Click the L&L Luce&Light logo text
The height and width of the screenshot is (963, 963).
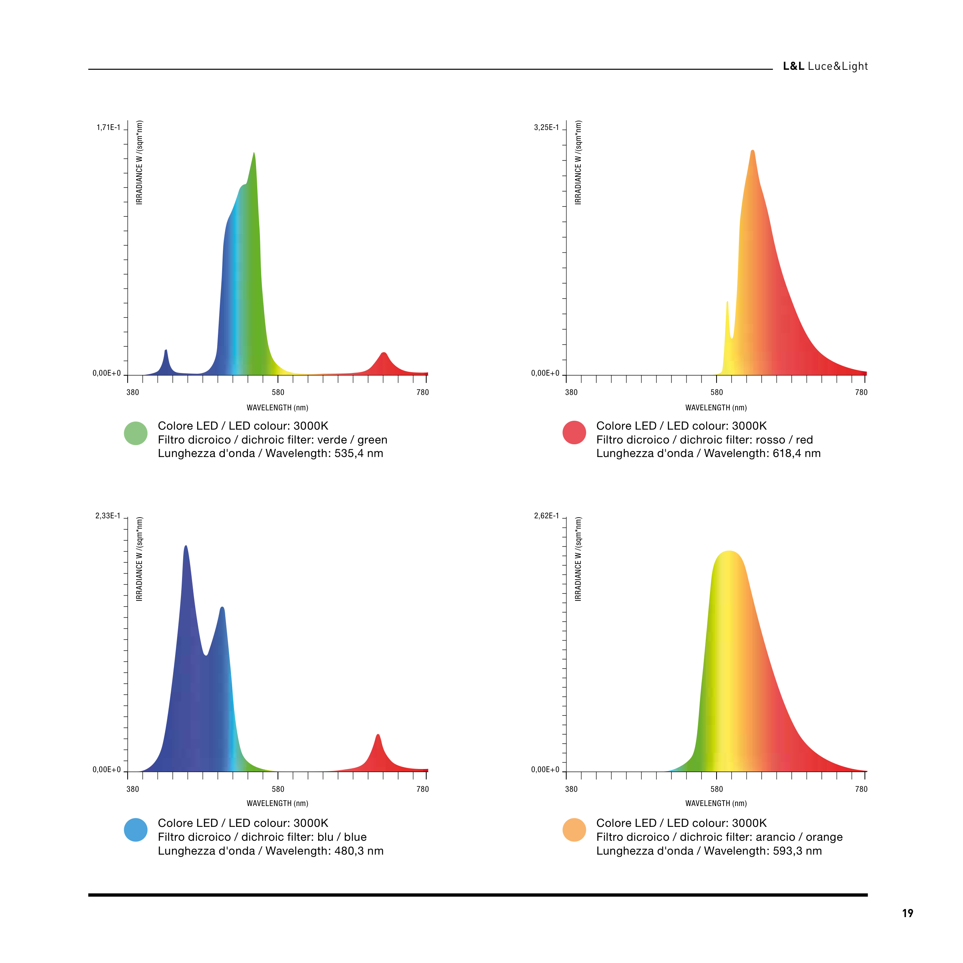pyautogui.click(x=825, y=66)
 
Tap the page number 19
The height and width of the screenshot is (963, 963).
pyautogui.click(x=907, y=913)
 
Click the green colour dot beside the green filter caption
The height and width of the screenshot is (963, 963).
pyautogui.click(x=136, y=433)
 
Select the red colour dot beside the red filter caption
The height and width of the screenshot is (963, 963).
pyautogui.click(x=574, y=433)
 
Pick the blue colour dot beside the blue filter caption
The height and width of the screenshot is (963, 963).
pyautogui.click(x=136, y=830)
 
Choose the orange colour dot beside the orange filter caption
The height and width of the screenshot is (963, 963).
pyautogui.click(x=574, y=830)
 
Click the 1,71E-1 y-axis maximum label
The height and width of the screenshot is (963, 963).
pyautogui.click(x=108, y=128)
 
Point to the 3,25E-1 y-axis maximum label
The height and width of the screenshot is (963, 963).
pyautogui.click(x=546, y=128)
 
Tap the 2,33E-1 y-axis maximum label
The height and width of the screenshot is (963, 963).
pyautogui.click(x=108, y=516)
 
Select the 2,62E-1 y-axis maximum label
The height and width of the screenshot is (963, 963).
pyautogui.click(x=546, y=516)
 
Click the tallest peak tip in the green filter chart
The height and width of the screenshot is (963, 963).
pyautogui.click(x=254, y=153)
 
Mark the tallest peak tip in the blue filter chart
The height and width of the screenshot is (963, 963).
pyautogui.click(x=186, y=546)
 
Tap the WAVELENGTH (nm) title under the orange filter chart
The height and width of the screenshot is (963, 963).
pyautogui.click(x=716, y=803)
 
